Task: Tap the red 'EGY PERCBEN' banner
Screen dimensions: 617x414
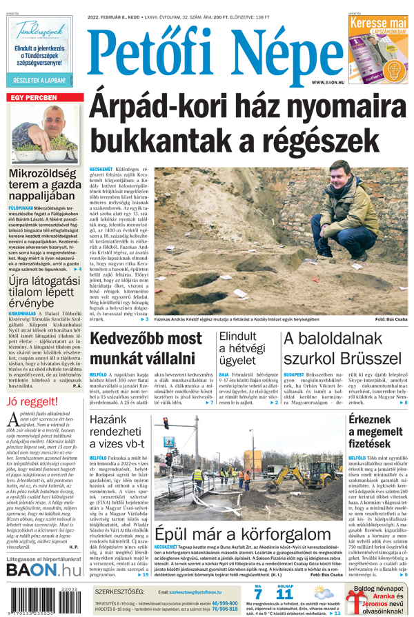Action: [34, 97]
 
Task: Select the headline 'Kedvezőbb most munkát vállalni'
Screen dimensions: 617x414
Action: [146, 349]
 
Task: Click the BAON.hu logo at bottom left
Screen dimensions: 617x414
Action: [43, 569]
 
